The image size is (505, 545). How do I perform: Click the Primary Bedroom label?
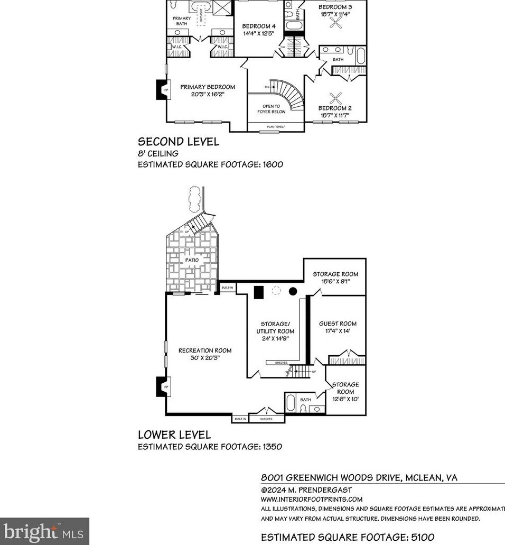[x=207, y=87]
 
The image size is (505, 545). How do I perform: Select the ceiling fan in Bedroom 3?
[x=335, y=22]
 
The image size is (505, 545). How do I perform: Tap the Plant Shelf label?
[x=276, y=127]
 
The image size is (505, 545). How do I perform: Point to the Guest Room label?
[x=338, y=324]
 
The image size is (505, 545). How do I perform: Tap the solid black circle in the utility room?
[x=292, y=291]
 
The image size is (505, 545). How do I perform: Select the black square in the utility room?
[x=258, y=292]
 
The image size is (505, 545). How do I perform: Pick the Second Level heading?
[x=178, y=142]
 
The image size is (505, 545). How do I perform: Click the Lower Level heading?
[x=174, y=435]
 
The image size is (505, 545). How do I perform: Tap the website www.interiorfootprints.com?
[x=312, y=499]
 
